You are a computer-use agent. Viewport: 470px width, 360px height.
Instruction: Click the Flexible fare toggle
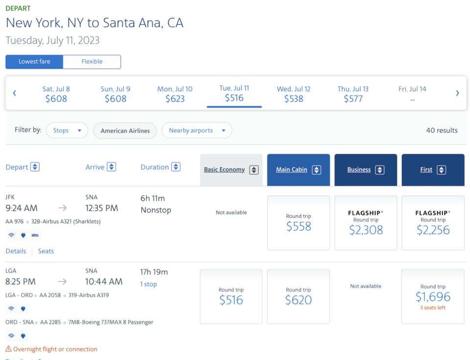pyautogui.click(x=92, y=62)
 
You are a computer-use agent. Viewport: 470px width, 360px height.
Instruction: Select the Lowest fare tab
pyautogui.click(x=34, y=62)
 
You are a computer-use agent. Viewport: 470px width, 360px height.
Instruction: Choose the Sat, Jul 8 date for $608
pyautogui.click(x=56, y=94)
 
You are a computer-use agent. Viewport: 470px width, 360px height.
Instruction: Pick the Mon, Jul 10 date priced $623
pyautogui.click(x=175, y=94)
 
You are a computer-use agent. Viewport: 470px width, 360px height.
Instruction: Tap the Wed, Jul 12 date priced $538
pyautogui.click(x=294, y=94)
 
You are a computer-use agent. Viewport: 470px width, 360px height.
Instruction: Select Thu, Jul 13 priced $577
pyautogui.click(x=353, y=94)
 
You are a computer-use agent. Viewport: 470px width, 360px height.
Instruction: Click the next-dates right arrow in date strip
pyautogui.click(x=457, y=93)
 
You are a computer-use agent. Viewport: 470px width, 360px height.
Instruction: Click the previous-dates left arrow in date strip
pyautogui.click(x=15, y=93)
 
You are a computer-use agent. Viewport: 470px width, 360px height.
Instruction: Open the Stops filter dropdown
pyautogui.click(x=67, y=130)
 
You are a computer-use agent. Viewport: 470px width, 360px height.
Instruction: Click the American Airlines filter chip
pyautogui.click(x=125, y=131)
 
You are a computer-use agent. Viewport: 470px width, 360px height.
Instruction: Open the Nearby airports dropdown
pyautogui.click(x=197, y=130)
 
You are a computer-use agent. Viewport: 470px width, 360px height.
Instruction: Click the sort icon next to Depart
pyautogui.click(x=35, y=167)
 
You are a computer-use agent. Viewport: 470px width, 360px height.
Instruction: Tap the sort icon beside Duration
pyautogui.click(x=176, y=167)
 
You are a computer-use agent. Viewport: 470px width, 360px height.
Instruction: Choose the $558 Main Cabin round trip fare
pyautogui.click(x=298, y=223)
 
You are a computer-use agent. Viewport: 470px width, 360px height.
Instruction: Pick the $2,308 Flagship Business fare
pyautogui.click(x=366, y=223)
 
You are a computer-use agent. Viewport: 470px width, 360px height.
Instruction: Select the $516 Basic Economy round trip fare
pyautogui.click(x=231, y=296)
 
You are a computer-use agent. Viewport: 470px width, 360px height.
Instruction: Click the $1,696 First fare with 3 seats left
pyautogui.click(x=433, y=296)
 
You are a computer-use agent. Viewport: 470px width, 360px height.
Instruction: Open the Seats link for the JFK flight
pyautogui.click(x=46, y=251)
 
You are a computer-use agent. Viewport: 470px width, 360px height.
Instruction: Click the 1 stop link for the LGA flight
pyautogui.click(x=149, y=284)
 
